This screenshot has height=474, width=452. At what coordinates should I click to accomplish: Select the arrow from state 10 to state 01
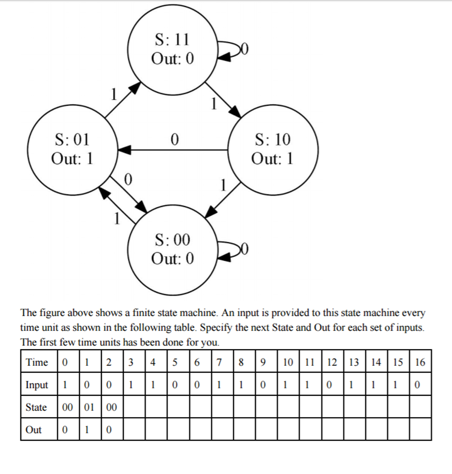tap(172, 150)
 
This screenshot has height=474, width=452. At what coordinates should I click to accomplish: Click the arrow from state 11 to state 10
tap(223, 100)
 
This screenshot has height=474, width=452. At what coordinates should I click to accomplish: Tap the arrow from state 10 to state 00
tap(223, 200)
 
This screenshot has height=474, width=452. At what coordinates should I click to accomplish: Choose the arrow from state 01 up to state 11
tap(122, 100)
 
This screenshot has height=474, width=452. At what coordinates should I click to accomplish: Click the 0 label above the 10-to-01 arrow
tap(175, 140)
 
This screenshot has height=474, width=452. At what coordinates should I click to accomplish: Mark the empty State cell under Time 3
tap(134, 406)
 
